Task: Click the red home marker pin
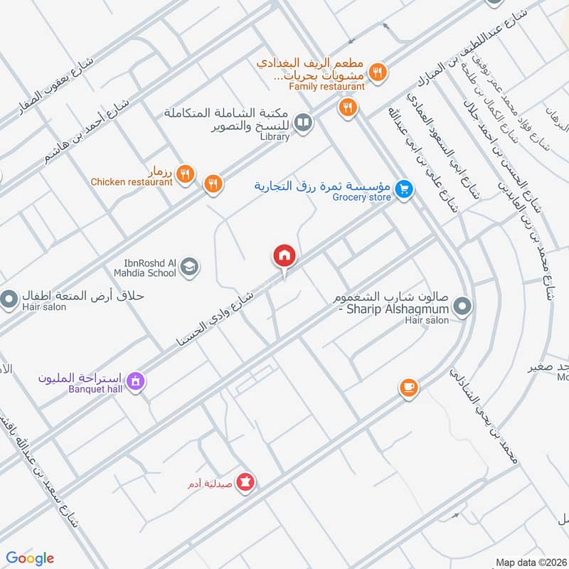pos(283,255)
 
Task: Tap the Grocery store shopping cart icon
pos(404,189)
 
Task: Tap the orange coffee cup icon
pos(408,387)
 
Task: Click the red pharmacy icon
pos(246,482)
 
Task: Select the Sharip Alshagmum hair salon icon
pos(462,307)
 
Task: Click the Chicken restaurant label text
pos(132,182)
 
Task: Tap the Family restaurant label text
pos(326,87)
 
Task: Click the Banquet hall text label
pos(93,389)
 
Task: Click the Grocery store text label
pos(362,197)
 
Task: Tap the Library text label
pos(275,137)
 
